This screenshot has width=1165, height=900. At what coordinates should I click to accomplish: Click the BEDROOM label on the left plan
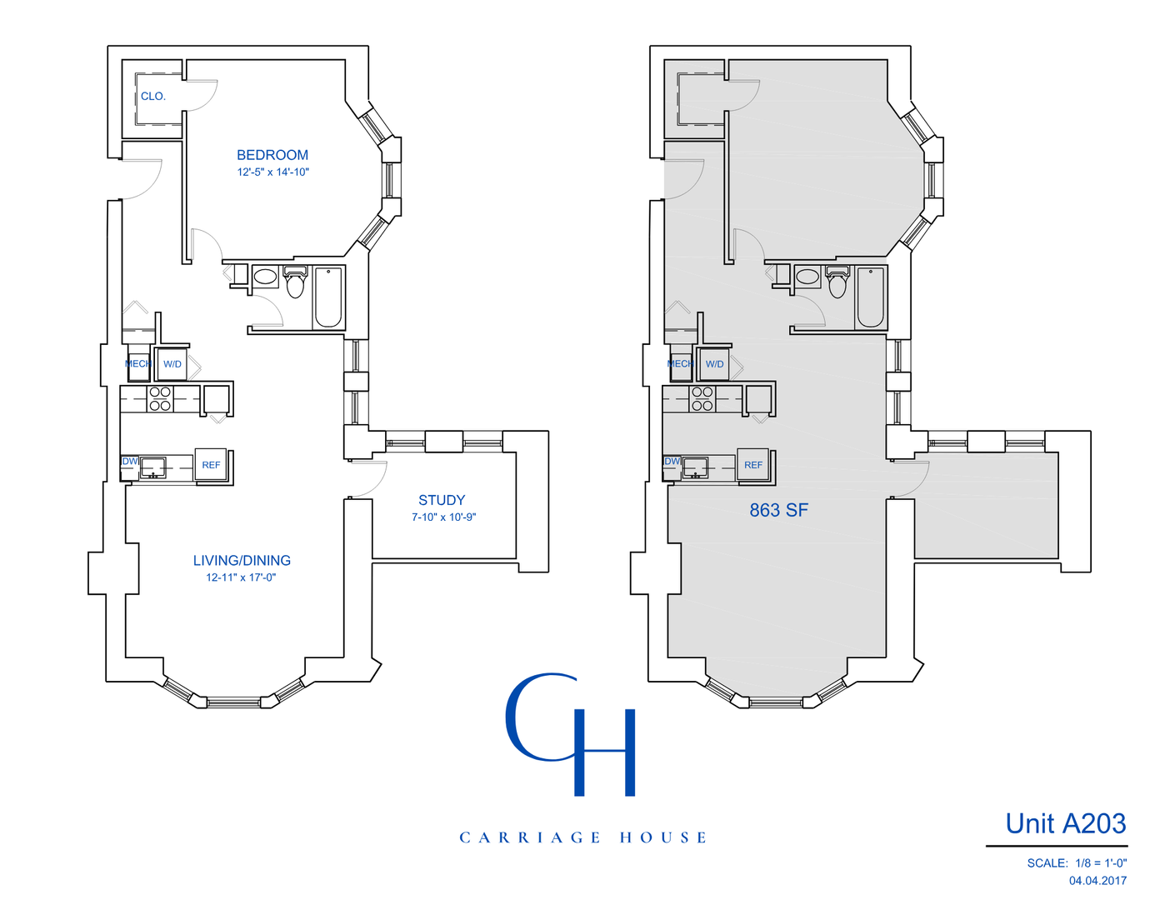tap(272, 155)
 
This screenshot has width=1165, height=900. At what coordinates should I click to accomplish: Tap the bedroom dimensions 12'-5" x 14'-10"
tap(272, 172)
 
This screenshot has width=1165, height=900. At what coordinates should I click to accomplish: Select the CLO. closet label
tap(153, 97)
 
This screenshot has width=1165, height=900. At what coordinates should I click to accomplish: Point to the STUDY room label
tap(442, 500)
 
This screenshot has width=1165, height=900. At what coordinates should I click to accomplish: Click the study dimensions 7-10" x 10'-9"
tap(443, 517)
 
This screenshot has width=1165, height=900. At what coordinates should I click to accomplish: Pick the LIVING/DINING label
tap(242, 561)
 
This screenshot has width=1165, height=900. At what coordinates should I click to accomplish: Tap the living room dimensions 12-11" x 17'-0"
tap(241, 577)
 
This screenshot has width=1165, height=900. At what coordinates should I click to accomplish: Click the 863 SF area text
tap(778, 510)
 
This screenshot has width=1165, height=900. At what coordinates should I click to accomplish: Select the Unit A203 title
tap(1065, 823)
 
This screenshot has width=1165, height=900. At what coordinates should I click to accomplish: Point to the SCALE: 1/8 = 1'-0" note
tap(1077, 863)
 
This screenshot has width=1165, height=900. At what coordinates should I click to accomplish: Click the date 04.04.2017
tap(1097, 881)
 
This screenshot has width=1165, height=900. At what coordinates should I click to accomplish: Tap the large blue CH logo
tap(572, 734)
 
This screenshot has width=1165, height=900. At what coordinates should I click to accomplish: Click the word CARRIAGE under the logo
tap(529, 837)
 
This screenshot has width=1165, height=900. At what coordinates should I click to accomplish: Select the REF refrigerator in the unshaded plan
tap(211, 465)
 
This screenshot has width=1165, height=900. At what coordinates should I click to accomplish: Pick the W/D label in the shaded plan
tap(714, 364)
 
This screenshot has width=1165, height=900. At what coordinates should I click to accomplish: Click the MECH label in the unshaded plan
tap(137, 364)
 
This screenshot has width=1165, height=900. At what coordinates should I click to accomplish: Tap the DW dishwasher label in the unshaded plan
tap(130, 461)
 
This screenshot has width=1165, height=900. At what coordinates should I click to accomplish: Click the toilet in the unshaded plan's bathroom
tap(295, 283)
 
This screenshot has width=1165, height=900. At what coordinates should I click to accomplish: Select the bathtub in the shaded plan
tap(870, 297)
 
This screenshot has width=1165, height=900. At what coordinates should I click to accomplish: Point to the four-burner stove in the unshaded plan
tap(160, 399)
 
